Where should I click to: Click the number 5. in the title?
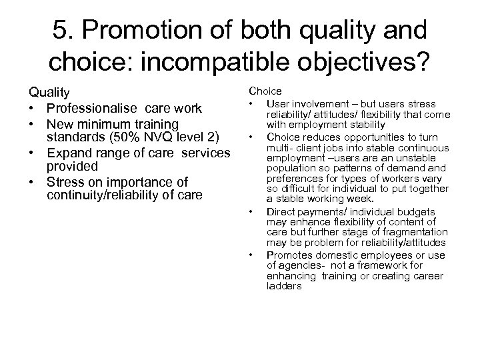pos(65,34)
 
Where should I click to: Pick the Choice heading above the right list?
pos(265,91)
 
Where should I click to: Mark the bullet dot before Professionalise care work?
pos(31,108)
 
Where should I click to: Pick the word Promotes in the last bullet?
pos(287,255)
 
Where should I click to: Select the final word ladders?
pos(283,285)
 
